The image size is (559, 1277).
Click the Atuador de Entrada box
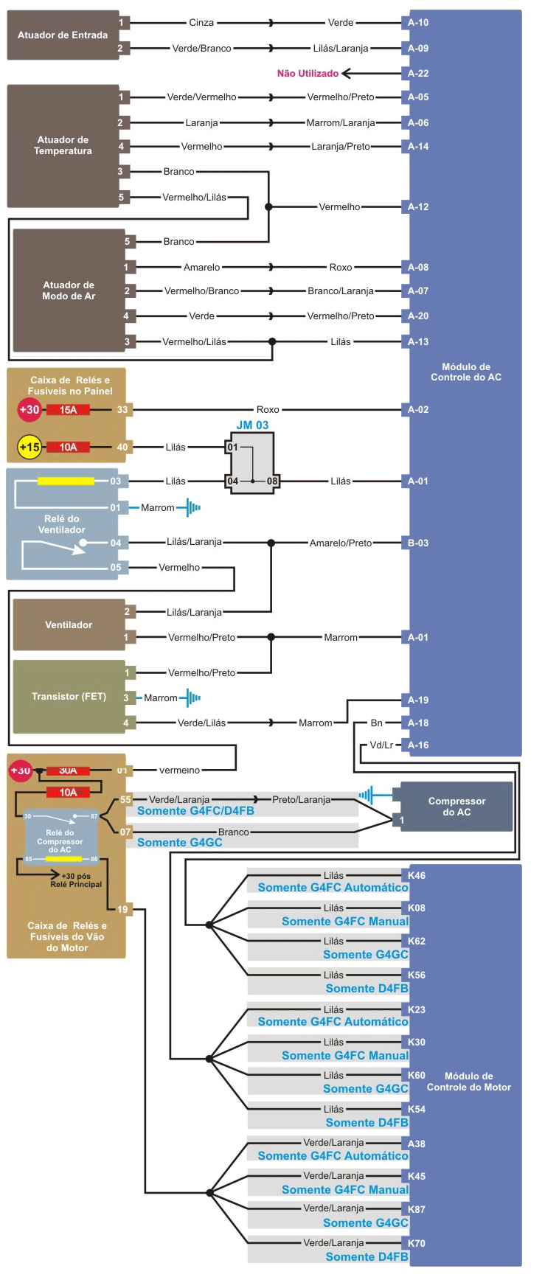point(63,35)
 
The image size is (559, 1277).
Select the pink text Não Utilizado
point(308,73)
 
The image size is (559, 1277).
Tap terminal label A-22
point(418,73)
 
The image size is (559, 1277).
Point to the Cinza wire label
point(201,23)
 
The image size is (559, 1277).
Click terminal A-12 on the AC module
point(418,206)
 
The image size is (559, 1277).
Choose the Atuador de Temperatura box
point(63,145)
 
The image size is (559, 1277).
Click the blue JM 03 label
point(252,425)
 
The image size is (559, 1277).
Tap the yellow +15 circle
point(29,447)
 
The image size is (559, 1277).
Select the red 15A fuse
point(68,410)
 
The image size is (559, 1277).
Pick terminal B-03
point(418,543)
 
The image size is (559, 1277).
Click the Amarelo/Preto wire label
point(341,543)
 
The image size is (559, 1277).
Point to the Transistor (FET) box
point(69,696)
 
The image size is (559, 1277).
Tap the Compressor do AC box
point(456,807)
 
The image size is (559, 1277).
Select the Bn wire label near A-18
point(376,723)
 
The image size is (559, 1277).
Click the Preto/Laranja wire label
point(301,799)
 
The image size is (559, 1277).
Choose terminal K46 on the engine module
point(417,875)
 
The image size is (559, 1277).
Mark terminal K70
point(417,1243)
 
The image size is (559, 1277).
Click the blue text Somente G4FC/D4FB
point(195,811)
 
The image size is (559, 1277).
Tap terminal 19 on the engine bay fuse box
point(122,909)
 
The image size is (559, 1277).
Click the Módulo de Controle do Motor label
point(468,1082)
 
